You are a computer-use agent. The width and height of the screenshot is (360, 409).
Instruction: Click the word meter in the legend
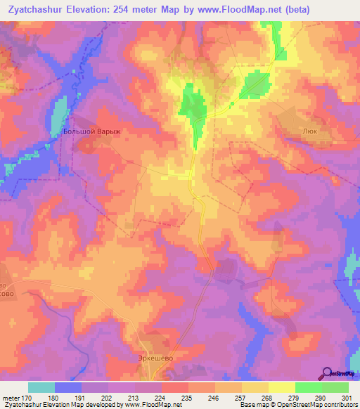(x=11, y=398)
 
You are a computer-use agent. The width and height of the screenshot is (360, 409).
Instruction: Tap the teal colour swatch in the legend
(x=41, y=387)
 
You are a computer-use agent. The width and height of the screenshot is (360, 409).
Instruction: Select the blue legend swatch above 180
(x=67, y=387)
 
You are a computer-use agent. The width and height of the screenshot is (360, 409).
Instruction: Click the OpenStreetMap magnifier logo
(x=326, y=373)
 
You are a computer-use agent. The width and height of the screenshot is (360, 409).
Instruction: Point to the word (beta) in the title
(x=293, y=11)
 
